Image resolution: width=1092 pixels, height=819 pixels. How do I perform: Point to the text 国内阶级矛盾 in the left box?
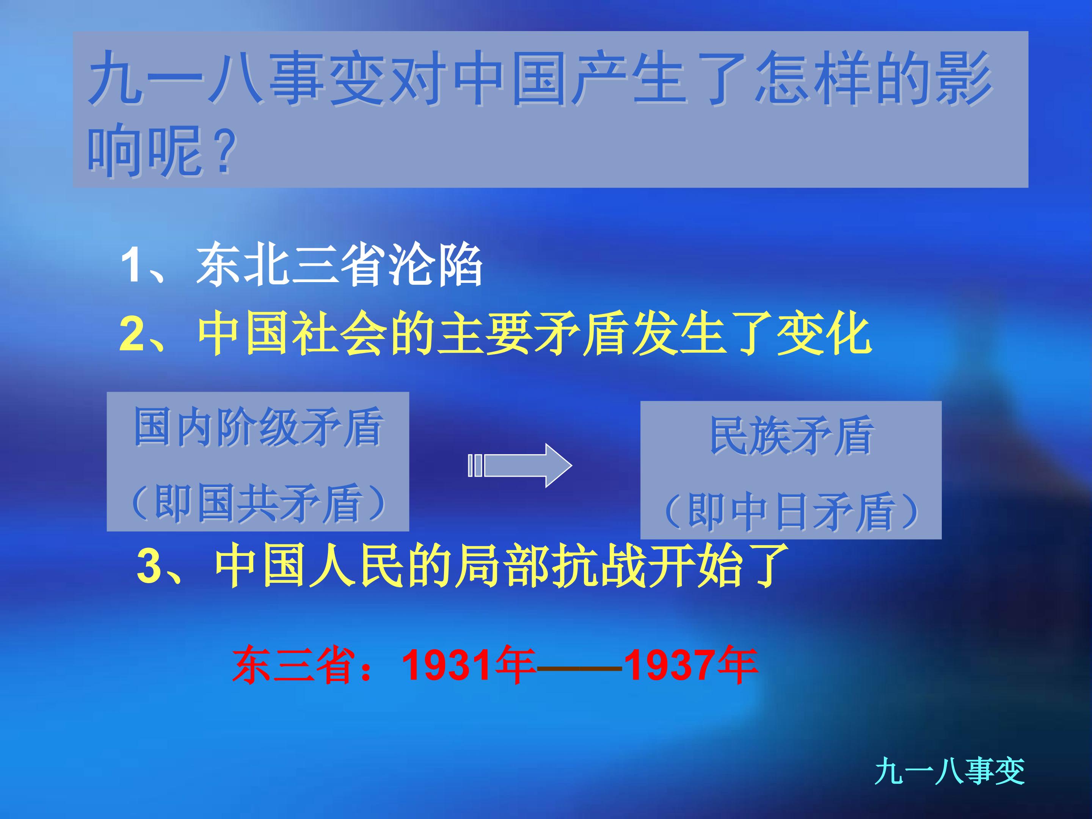258,427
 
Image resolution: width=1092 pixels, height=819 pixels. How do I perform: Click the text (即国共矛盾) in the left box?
258,502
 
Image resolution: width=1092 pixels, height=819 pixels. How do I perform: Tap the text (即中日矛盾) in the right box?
791,511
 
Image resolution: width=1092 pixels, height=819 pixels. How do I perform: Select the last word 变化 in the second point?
824,334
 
